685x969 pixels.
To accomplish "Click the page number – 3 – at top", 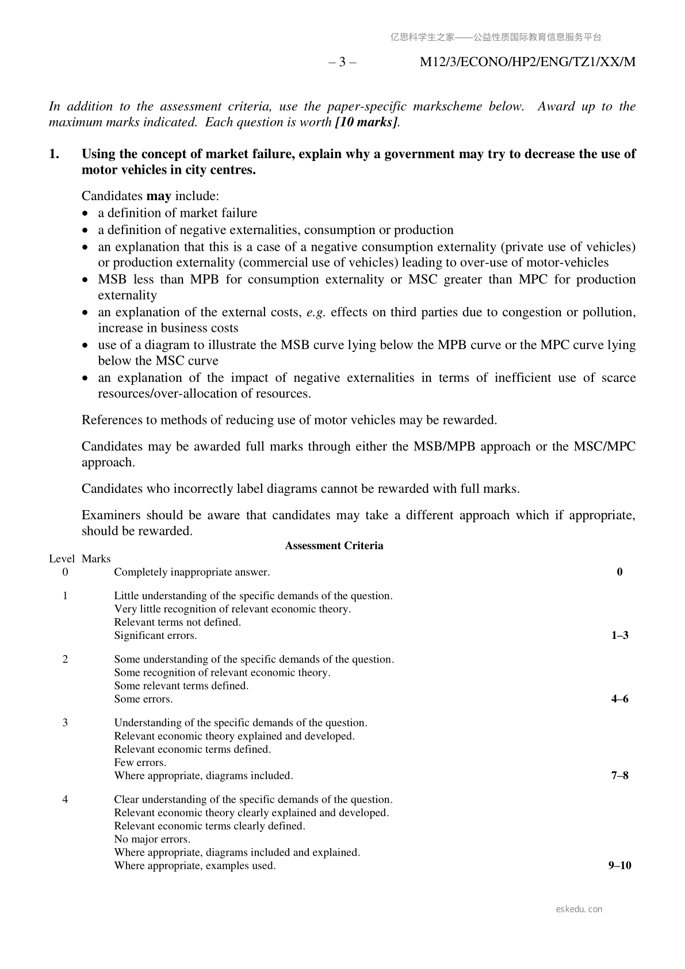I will point(342,62).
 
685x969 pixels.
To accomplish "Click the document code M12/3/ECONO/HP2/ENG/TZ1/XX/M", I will point(527,62).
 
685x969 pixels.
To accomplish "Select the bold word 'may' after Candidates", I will point(159,196).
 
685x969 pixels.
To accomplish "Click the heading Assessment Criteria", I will point(334,546).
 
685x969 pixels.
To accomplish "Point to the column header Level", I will point(62,558).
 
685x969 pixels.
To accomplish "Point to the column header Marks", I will point(96,558).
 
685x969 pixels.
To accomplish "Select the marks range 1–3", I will point(619,635).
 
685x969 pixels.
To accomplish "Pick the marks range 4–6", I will point(619,699).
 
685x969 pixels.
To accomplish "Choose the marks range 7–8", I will point(619,776).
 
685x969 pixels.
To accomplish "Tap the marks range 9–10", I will point(619,865).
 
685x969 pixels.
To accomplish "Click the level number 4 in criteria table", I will point(65,799).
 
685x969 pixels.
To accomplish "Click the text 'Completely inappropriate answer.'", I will point(192,572).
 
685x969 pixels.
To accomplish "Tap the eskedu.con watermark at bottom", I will point(579,909).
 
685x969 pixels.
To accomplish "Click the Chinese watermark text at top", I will point(496,37).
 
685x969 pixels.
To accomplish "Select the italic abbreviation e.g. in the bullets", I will point(316,312).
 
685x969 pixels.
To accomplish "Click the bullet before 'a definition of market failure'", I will point(86,213).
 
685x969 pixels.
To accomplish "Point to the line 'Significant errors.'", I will point(155,635).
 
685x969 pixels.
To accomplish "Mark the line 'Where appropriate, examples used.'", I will point(194,865).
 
